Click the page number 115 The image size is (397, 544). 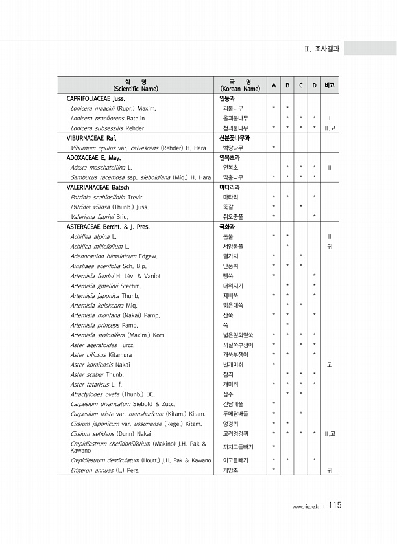tap(335, 505)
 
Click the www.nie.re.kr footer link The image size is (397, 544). tap(306, 506)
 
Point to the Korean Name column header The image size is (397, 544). tap(240, 85)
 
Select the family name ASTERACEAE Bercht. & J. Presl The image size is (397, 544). tap(115, 227)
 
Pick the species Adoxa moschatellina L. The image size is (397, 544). tap(97, 167)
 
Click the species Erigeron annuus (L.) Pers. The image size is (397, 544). tap(105, 488)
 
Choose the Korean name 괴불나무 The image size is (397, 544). tap(234, 109)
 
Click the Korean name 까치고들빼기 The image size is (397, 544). tap(239, 464)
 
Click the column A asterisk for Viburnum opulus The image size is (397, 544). tap(274, 148)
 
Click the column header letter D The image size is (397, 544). tap(314, 85)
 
